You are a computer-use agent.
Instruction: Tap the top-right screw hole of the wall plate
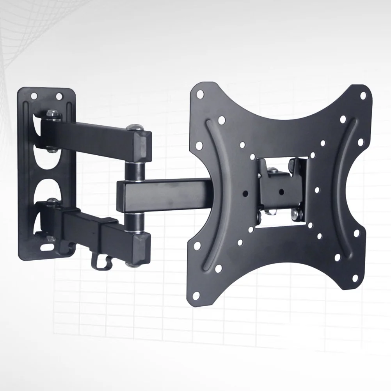coord(59,96)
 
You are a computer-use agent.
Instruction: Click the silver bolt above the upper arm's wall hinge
coord(52,114)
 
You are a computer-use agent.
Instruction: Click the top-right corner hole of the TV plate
coord(363,95)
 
